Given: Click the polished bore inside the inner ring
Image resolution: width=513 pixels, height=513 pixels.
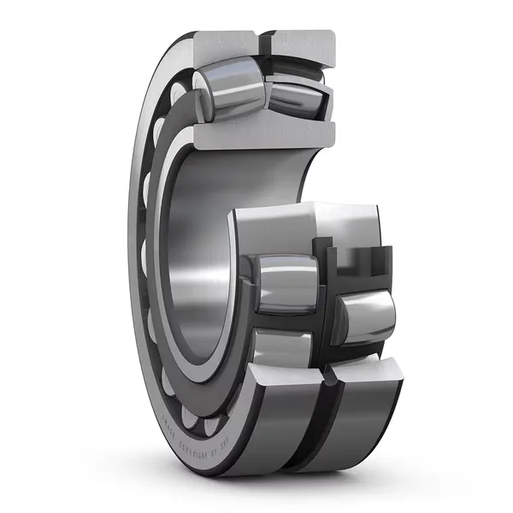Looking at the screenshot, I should coord(197,256).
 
